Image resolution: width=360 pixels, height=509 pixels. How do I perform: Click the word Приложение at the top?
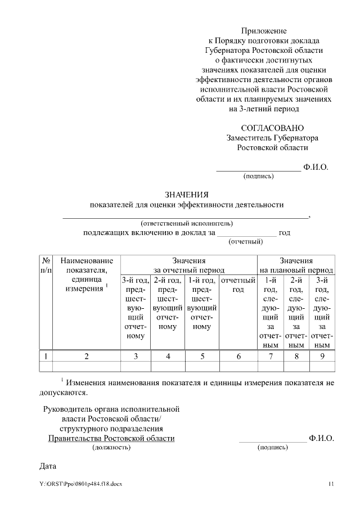264,30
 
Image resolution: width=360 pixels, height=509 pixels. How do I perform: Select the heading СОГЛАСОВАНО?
264,128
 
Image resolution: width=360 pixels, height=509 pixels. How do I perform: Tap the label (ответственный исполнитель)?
186,223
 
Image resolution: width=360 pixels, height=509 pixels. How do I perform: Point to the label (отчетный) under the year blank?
246,242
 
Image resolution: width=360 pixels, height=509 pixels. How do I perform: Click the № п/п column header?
46,265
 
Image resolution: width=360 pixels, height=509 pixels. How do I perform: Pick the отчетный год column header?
238,285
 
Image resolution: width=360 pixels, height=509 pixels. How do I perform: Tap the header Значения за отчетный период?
188,265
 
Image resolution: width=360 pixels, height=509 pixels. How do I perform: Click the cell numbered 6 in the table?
238,355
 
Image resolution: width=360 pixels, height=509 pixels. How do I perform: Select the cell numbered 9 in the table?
322,355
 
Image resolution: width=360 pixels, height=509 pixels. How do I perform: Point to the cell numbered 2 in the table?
87,355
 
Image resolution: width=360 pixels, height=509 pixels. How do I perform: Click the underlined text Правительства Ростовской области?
111,438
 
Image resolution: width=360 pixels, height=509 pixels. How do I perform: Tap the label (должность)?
111,447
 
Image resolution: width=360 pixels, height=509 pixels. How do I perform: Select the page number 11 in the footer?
331,484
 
